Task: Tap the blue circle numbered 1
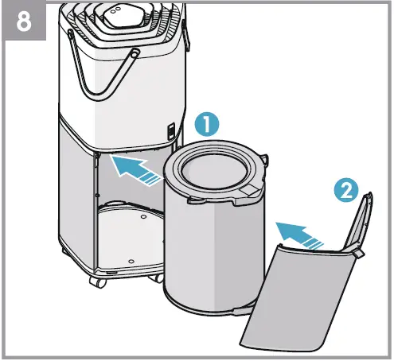tap(208, 125)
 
